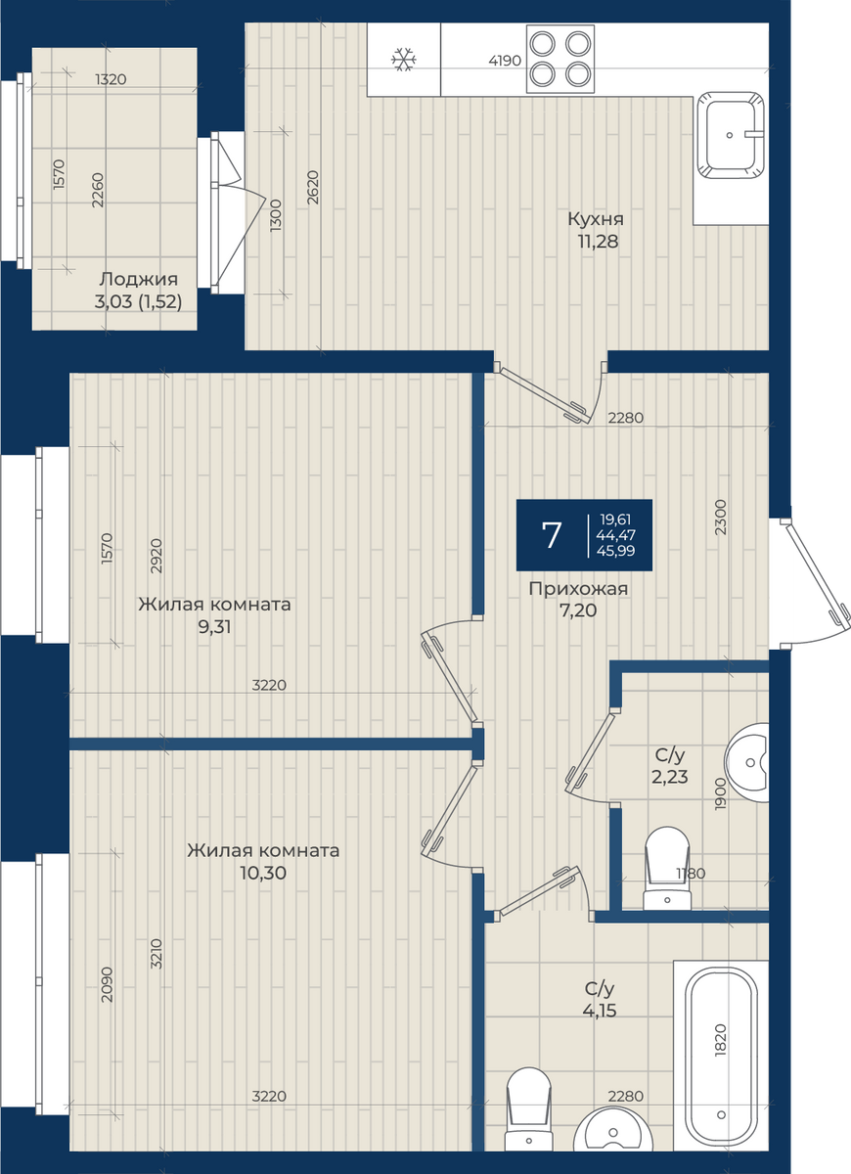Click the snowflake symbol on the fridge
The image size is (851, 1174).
click(403, 60)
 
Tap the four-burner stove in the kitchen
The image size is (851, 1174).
click(560, 60)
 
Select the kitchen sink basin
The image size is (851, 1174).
click(730, 135)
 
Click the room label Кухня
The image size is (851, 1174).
click(596, 218)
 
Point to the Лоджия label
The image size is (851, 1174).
click(139, 279)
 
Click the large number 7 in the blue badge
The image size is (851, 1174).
click(552, 535)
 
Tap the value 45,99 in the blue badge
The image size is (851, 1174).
click(615, 550)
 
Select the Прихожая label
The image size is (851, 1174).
click(578, 589)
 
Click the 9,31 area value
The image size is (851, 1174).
click(214, 626)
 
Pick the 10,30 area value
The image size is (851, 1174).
click(263, 873)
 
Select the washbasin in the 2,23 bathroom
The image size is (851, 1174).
click(747, 762)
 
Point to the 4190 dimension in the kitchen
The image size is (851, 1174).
click(505, 61)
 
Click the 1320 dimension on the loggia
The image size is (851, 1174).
click(111, 79)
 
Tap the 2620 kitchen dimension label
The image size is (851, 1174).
click(312, 188)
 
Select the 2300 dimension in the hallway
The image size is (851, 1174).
click(721, 517)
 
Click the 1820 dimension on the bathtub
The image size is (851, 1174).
click(721, 1040)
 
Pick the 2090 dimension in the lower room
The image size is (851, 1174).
click(107, 985)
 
